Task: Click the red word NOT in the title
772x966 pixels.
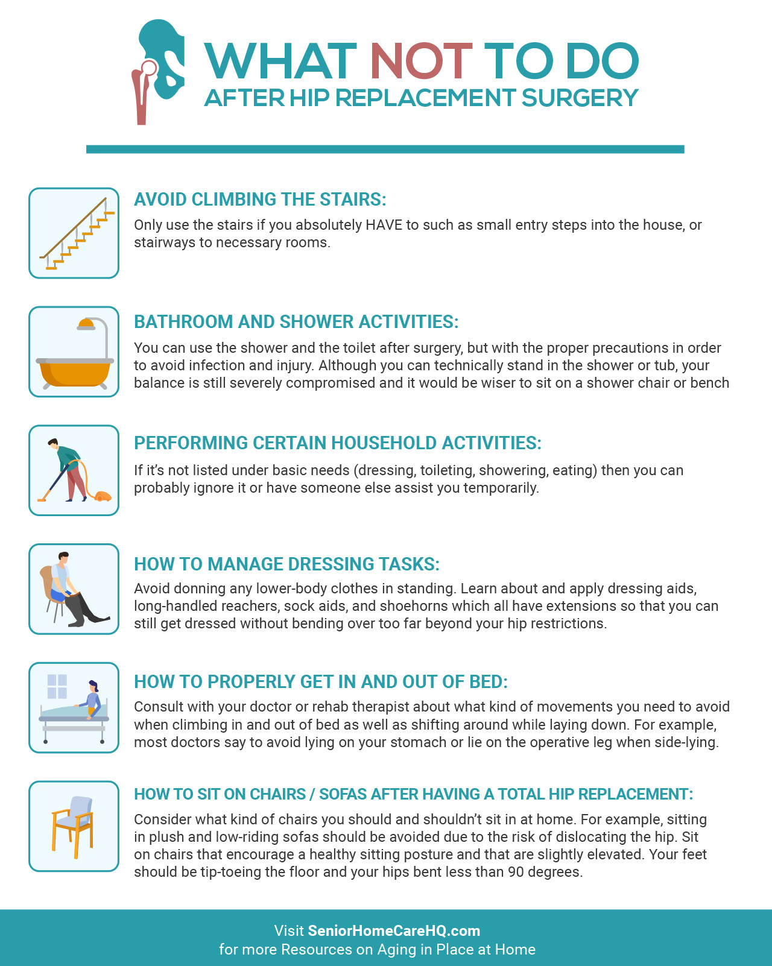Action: [x=420, y=62]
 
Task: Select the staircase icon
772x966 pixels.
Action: [x=74, y=233]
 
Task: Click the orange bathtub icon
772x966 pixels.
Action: [x=75, y=371]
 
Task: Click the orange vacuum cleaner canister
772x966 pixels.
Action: [x=103, y=496]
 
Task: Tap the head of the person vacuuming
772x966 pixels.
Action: [x=53, y=444]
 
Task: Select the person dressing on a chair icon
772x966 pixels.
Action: [x=71, y=589]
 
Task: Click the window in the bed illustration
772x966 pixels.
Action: [x=57, y=686]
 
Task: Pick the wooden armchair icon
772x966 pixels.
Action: [x=73, y=826]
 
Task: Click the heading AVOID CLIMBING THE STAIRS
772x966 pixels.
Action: [x=260, y=200]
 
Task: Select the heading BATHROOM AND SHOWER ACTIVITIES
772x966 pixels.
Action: [x=296, y=322]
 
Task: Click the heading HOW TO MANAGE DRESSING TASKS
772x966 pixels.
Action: [x=286, y=564]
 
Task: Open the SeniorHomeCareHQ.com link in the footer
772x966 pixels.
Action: [x=394, y=930]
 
